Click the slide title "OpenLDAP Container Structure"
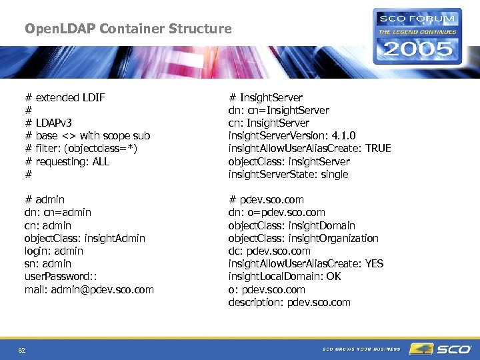tap(128, 29)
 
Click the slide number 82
tap(22, 349)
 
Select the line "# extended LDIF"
tap(65, 97)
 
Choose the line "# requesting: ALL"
tap(67, 161)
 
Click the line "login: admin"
tap(54, 251)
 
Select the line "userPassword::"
tap(59, 276)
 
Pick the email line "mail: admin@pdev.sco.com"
tap(89, 289)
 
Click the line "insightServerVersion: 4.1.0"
tap(292, 135)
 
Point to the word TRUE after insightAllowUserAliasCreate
tap(378, 148)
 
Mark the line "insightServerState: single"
tap(288, 174)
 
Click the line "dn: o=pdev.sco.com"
tap(277, 212)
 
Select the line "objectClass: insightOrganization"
tap(303, 238)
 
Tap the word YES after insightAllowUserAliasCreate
tap(374, 263)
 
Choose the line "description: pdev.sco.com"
tap(289, 302)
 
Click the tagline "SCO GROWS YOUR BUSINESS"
tap(361, 349)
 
